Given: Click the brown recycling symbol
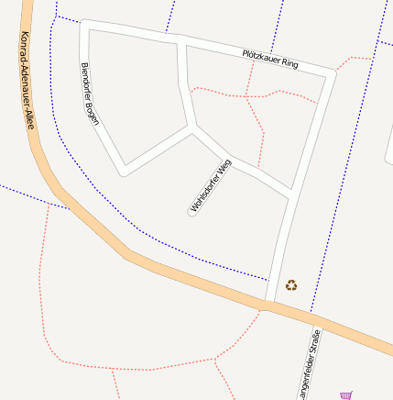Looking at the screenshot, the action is point(291,285).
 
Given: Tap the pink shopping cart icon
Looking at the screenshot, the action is point(345,395).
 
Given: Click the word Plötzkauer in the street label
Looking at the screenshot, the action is point(260,57).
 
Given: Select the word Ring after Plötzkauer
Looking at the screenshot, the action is point(289,63).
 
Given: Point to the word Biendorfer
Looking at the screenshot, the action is point(86,81).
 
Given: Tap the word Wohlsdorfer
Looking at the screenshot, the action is point(205,192).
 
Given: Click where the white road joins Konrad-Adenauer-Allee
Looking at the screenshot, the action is point(270,304).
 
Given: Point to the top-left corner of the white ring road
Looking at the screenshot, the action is point(85,25).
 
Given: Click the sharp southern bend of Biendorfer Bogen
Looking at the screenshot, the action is point(123,171).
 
